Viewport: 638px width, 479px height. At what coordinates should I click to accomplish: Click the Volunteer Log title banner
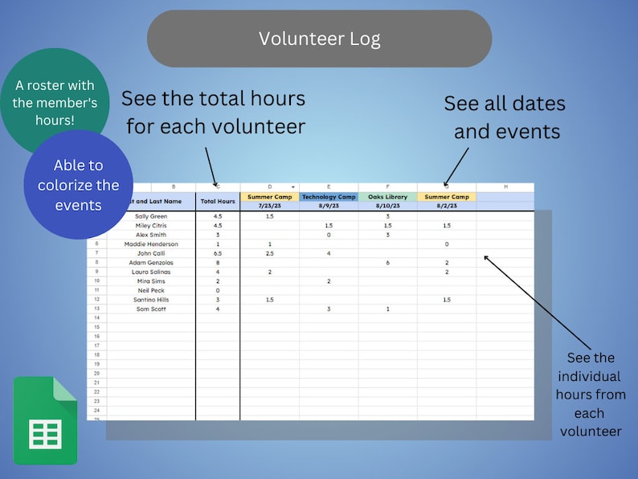(319, 39)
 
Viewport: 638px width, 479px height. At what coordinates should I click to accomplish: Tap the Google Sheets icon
(45, 420)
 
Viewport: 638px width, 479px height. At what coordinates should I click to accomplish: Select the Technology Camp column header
(329, 197)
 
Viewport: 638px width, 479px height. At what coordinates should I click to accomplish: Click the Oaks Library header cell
(387, 197)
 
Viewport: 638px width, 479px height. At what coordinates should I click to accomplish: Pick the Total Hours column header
(217, 201)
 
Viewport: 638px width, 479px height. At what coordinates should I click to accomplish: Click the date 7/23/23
(269, 206)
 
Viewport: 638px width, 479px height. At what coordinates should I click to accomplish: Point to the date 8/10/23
(387, 206)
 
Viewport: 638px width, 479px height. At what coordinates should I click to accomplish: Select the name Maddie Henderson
(151, 244)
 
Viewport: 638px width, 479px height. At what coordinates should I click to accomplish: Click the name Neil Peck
(151, 290)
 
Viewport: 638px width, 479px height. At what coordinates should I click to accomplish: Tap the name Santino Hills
(151, 300)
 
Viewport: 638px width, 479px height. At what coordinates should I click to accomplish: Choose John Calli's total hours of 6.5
(218, 253)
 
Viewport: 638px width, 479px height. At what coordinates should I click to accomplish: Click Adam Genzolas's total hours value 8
(218, 263)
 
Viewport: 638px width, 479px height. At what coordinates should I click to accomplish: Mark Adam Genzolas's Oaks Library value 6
(387, 263)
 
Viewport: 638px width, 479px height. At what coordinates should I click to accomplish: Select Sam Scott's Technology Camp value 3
(329, 309)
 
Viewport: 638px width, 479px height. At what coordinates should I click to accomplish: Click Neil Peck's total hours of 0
(218, 290)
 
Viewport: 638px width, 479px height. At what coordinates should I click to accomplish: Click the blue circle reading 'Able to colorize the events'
(78, 185)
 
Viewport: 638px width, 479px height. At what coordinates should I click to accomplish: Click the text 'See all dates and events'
(505, 117)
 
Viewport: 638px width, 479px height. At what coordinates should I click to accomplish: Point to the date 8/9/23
(329, 206)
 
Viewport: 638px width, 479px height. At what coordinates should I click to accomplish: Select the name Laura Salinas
(151, 272)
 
